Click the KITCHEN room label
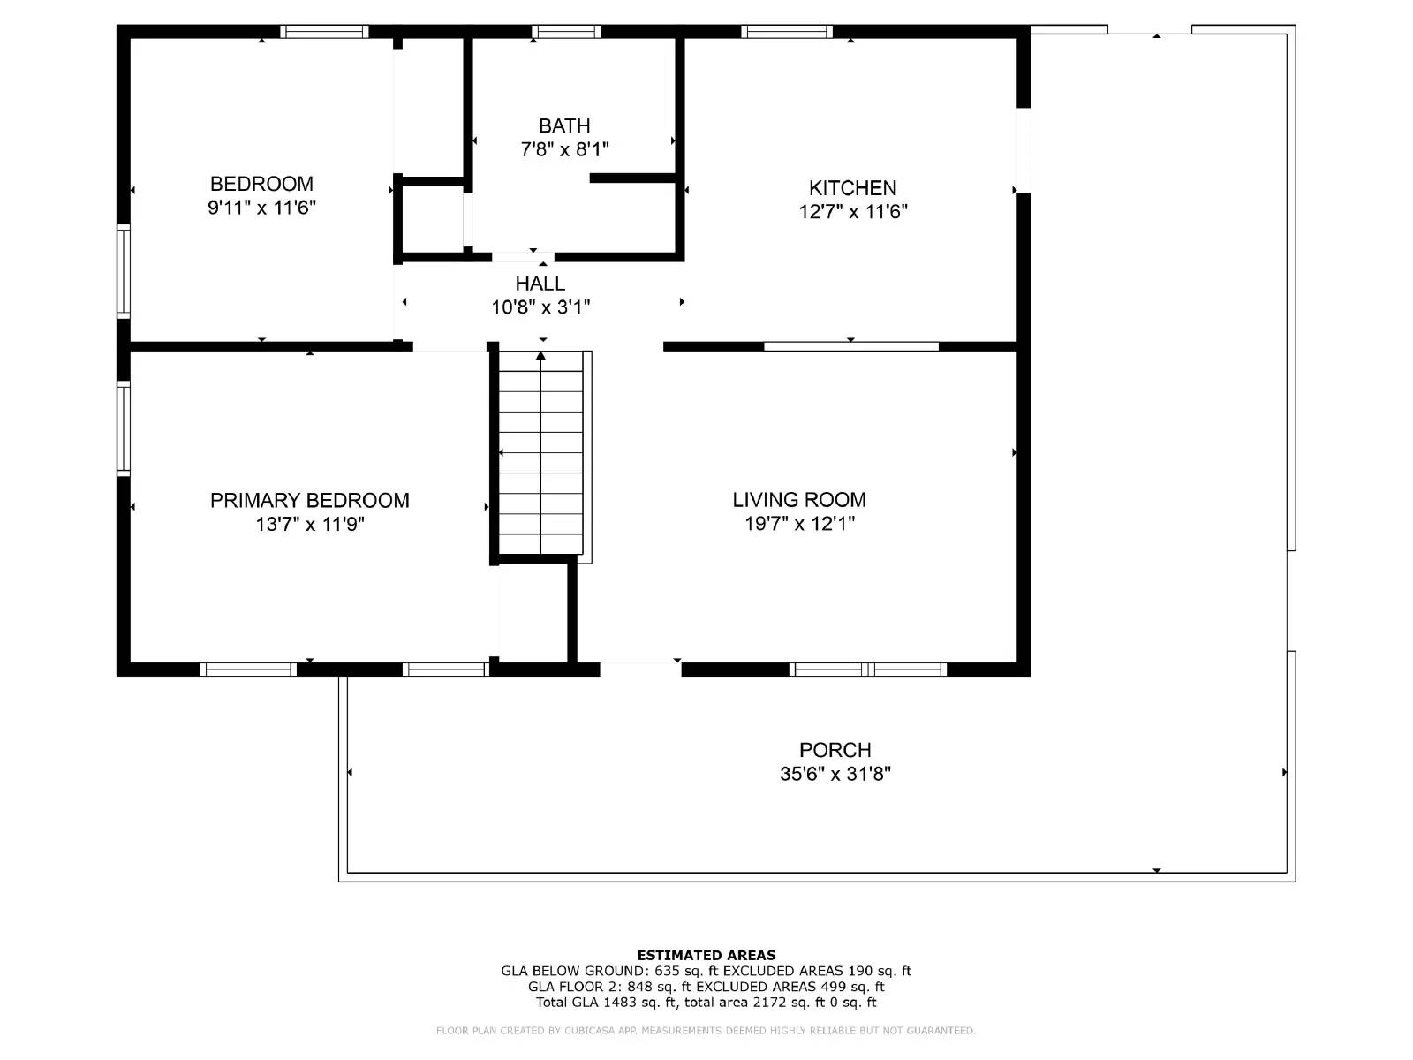[x=852, y=188]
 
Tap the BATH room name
[x=564, y=125]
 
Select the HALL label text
[x=540, y=284]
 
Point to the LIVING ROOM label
[x=799, y=499]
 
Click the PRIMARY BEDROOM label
[x=310, y=500]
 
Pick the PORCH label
[x=835, y=750]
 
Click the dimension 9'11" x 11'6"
[x=261, y=208]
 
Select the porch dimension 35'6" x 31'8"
[x=835, y=773]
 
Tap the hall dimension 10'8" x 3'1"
[x=540, y=307]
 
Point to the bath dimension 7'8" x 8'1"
[x=564, y=149]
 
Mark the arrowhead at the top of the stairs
[x=540, y=356]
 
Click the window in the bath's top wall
[x=566, y=32]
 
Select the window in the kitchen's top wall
[x=787, y=32]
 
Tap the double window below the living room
[x=868, y=670]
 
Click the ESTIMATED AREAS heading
[x=706, y=955]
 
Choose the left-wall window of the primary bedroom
[x=124, y=428]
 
